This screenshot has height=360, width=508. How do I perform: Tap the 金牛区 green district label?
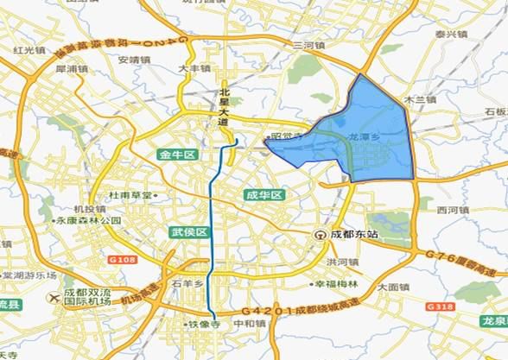click(x=177, y=155)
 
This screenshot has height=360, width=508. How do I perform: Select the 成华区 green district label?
click(x=264, y=195)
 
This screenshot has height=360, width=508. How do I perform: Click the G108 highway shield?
click(x=120, y=257)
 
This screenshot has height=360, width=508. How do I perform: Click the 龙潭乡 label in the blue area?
click(x=364, y=137)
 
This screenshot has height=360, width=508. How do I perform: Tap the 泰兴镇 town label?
click(x=450, y=35)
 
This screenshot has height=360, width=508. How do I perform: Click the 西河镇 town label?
click(x=454, y=210)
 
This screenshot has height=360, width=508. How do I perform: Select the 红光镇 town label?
click(x=30, y=50)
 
